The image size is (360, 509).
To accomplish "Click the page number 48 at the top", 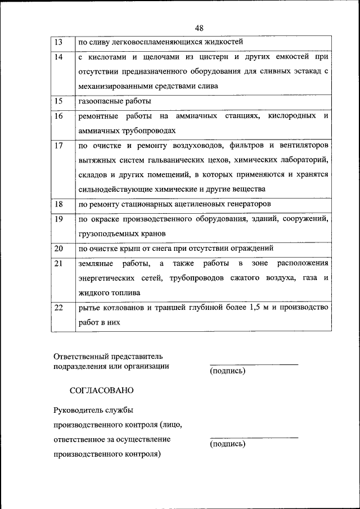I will [x=200, y=29].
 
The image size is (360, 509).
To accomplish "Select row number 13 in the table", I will [x=58, y=43].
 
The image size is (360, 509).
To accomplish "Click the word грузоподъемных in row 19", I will [x=107, y=233].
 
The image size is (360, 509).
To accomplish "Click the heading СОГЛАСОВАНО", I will [x=102, y=389].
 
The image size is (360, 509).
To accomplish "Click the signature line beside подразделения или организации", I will [x=254, y=364].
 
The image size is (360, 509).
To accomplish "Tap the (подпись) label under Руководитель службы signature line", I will [x=227, y=444].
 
